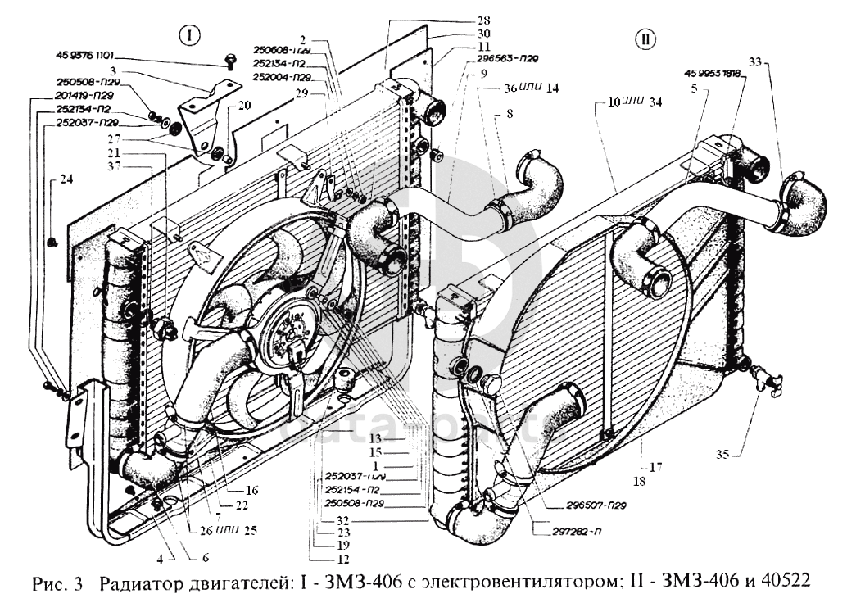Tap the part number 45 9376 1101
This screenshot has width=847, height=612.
(85, 56)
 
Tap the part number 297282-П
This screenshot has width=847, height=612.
(564, 531)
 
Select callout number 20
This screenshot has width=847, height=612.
(245, 105)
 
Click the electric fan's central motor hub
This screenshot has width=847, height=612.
(288, 332)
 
